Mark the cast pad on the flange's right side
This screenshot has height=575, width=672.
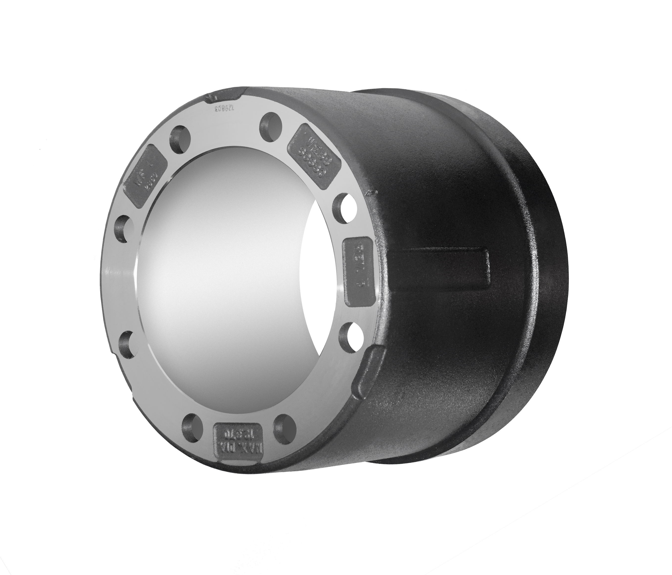361,271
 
